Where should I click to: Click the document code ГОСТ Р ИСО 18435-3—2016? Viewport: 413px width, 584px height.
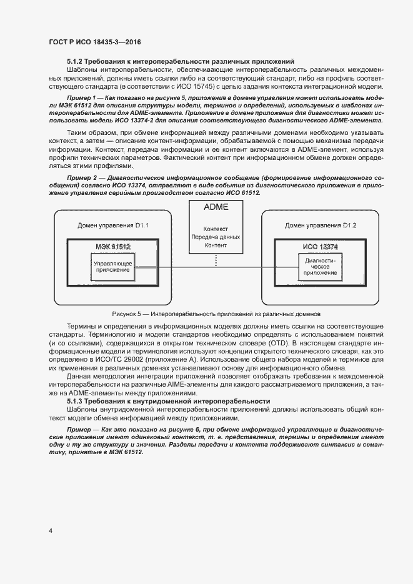[95, 42]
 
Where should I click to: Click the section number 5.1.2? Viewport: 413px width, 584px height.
[76, 61]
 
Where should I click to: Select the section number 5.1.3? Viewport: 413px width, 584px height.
[76, 400]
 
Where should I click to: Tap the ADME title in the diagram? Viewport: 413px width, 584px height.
[216, 207]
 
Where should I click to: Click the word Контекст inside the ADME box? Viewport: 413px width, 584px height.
[216, 229]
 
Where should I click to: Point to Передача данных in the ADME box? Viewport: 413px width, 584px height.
[216, 237]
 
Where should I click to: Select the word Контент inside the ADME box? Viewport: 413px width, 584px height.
[216, 246]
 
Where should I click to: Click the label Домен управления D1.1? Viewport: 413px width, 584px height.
[112, 225]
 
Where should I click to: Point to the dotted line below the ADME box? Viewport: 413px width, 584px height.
[216, 260]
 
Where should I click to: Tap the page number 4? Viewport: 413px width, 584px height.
[51, 530]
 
